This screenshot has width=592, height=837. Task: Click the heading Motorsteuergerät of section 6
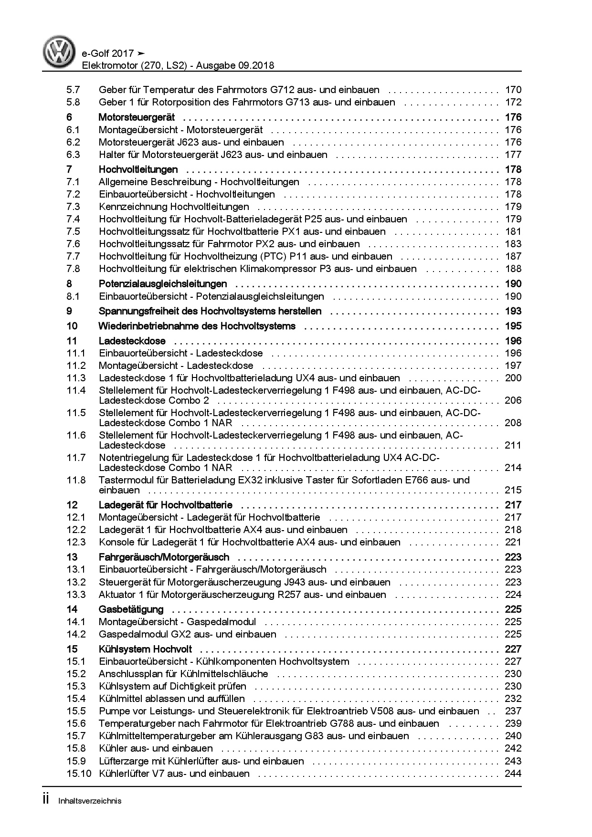pyautogui.click(x=137, y=117)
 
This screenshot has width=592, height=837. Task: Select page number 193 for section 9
pyautogui.click(x=513, y=312)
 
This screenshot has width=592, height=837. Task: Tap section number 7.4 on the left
pyautogui.click(x=74, y=219)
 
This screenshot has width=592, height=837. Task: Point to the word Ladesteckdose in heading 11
pyautogui.click(x=132, y=341)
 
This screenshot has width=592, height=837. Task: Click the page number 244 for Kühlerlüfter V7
pyautogui.click(x=513, y=774)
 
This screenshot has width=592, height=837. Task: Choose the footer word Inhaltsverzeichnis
pyautogui.click(x=90, y=801)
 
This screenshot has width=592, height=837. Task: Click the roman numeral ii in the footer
pyautogui.click(x=46, y=800)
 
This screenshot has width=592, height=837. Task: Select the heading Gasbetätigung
pyautogui.click(x=131, y=609)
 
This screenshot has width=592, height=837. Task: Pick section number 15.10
pyautogui.click(x=79, y=774)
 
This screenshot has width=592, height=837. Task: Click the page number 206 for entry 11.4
pyautogui.click(x=513, y=400)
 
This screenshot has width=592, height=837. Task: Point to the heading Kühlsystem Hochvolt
pyautogui.click(x=145, y=649)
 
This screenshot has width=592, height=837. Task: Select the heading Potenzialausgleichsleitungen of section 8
pyautogui.click(x=163, y=284)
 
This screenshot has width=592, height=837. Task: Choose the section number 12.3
pyautogui.click(x=76, y=542)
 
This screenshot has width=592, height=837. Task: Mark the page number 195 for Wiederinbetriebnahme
pyautogui.click(x=513, y=326)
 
